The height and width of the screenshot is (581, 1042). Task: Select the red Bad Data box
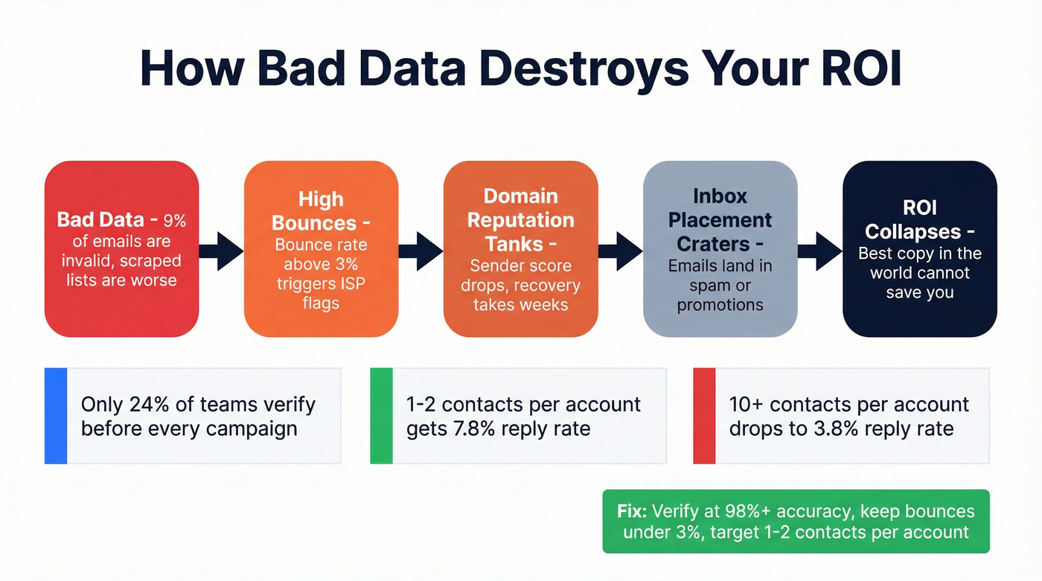(121, 249)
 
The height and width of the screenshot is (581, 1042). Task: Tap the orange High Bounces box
(321, 249)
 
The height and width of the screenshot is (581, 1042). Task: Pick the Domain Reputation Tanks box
(520, 249)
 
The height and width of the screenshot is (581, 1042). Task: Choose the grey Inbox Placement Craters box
(720, 249)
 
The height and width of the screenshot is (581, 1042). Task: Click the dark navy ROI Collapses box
(919, 249)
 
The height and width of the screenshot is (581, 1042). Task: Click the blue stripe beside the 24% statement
(56, 416)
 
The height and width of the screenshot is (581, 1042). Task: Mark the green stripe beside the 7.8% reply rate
(381, 416)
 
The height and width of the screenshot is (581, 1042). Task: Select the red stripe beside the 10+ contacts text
(704, 416)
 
